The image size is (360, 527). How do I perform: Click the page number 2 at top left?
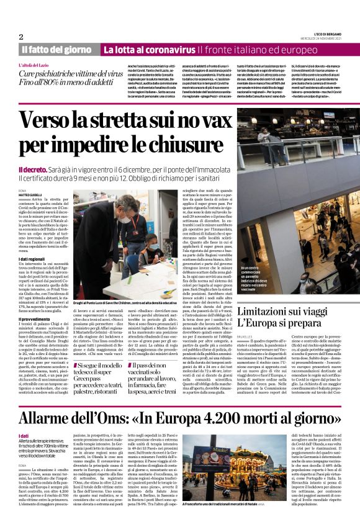tap(21, 37)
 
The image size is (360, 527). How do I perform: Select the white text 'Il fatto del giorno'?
tap(55, 50)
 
